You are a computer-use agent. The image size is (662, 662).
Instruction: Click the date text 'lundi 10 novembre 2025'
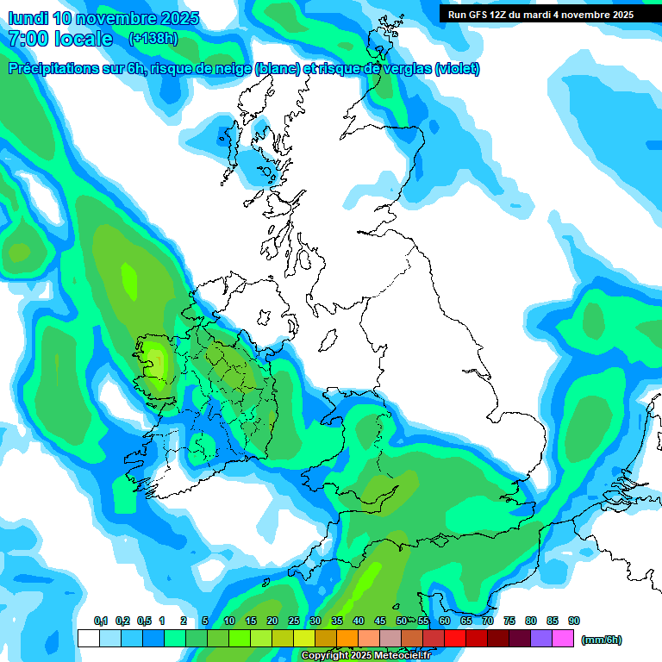point(104,18)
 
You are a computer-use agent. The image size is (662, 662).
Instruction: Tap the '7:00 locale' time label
point(60,39)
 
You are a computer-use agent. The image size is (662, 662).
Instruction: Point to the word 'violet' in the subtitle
point(455,69)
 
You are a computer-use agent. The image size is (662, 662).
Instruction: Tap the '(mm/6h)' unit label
point(602,640)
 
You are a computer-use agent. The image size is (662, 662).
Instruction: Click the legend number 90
point(574,621)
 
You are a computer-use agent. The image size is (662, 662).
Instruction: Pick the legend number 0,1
point(101,621)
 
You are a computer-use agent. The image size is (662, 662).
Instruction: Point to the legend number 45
point(380,621)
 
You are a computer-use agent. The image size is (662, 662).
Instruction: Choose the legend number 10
point(229,621)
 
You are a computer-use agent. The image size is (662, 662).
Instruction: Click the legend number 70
point(488,621)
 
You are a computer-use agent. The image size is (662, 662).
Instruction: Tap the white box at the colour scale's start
point(88,638)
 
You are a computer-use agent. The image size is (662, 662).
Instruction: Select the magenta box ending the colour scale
point(564,638)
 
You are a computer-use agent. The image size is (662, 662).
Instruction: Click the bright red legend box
point(455,638)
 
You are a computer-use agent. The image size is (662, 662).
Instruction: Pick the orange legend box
point(347,638)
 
